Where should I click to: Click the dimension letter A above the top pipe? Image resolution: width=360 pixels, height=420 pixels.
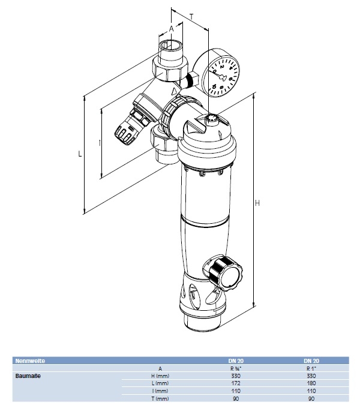point(172,28)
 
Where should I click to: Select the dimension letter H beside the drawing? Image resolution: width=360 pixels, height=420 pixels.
point(257,204)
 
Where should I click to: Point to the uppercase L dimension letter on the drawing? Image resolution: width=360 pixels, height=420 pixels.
point(80,154)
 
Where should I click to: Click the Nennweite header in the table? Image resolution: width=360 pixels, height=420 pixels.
point(31,361)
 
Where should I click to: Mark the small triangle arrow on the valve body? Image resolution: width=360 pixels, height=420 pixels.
point(175,91)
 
